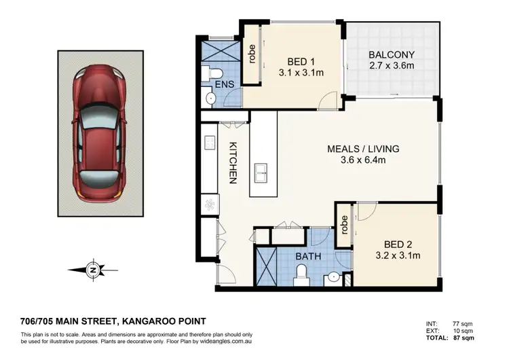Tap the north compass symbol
[x=92, y=270]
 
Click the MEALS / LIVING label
[x=363, y=149]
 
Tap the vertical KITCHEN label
[x=232, y=163]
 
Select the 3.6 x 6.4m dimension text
[x=363, y=160]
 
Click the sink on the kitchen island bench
[x=261, y=174]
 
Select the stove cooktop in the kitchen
[x=209, y=203]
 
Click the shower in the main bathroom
[x=268, y=267]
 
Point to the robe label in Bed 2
[x=344, y=224]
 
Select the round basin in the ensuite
[x=210, y=99]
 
